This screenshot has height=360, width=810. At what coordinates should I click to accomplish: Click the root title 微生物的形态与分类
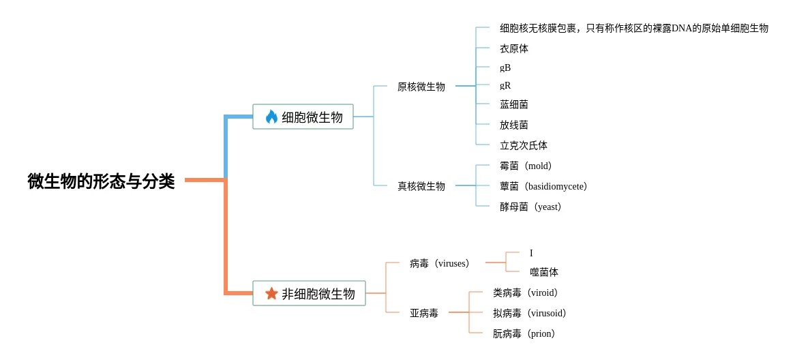(x=101, y=181)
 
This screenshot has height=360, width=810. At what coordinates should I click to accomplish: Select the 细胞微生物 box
(x=303, y=117)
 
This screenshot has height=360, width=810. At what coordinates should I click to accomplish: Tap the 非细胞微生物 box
(x=309, y=293)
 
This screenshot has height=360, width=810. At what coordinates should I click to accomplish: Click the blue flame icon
(x=271, y=117)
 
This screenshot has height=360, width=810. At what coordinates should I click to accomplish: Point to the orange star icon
(x=271, y=293)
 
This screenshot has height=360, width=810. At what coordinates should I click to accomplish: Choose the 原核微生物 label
(x=421, y=87)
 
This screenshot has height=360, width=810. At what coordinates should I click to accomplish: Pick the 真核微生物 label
(x=421, y=186)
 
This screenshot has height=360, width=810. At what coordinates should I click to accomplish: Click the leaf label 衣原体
(x=514, y=48)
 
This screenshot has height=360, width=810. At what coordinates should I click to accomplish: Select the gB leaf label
(x=505, y=67)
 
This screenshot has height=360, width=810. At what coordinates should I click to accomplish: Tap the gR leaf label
(x=505, y=85)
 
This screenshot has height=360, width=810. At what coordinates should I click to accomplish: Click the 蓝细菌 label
(x=514, y=104)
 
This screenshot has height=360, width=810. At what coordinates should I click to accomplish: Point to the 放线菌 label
(x=514, y=125)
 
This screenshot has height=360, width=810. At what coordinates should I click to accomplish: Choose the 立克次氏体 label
(x=524, y=145)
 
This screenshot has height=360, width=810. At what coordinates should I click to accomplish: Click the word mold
(x=538, y=166)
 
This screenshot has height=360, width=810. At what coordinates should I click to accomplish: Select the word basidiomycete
(x=556, y=186)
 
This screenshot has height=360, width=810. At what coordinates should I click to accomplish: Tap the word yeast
(x=547, y=207)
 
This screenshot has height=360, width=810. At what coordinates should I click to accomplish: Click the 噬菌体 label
(x=544, y=272)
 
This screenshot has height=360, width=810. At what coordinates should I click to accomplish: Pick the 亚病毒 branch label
(x=424, y=313)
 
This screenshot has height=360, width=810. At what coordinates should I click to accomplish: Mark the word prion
(x=543, y=333)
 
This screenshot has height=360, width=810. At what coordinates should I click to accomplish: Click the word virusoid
(x=547, y=313)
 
